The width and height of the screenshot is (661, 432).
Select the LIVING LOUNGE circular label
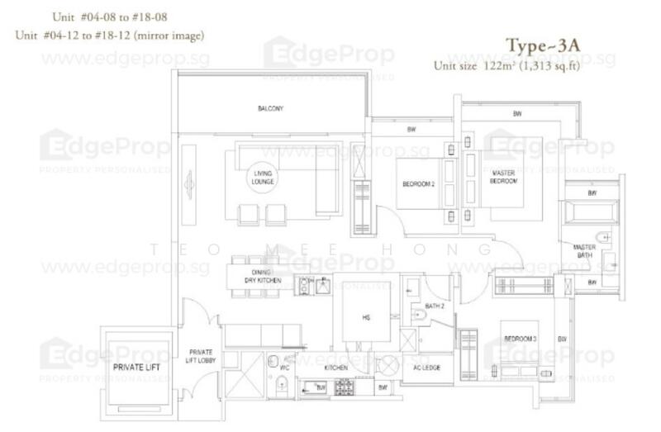(x=264, y=176)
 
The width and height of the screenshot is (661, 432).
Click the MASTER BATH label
(x=585, y=251)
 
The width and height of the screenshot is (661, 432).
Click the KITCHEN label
(x=335, y=367)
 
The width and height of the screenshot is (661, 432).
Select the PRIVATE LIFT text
(x=136, y=365)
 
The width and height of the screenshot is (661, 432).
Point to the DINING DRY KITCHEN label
(x=263, y=277)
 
